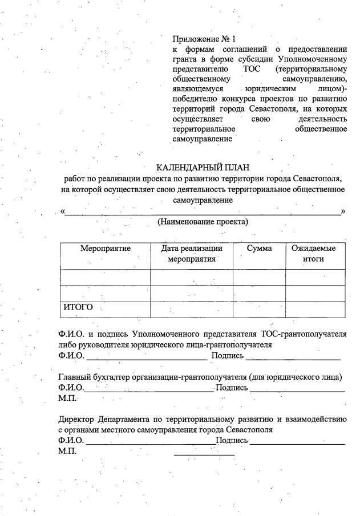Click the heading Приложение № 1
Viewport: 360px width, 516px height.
coord(204,39)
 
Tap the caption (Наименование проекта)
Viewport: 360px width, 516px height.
coord(203,221)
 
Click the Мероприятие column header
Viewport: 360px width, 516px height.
coord(106,249)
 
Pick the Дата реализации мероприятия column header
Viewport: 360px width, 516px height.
coord(192,254)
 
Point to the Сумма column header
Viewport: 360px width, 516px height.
coord(259,249)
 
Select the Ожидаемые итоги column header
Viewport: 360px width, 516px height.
coord(313,254)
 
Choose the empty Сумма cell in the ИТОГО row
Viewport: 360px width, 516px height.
coord(259,308)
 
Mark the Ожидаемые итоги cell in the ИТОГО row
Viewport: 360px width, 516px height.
coord(315,308)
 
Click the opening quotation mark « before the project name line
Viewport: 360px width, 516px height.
coord(62,212)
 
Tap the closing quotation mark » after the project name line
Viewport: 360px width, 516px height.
coord(343,212)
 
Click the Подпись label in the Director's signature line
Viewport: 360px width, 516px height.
coord(232,441)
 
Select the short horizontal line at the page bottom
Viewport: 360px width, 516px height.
coord(204,455)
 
